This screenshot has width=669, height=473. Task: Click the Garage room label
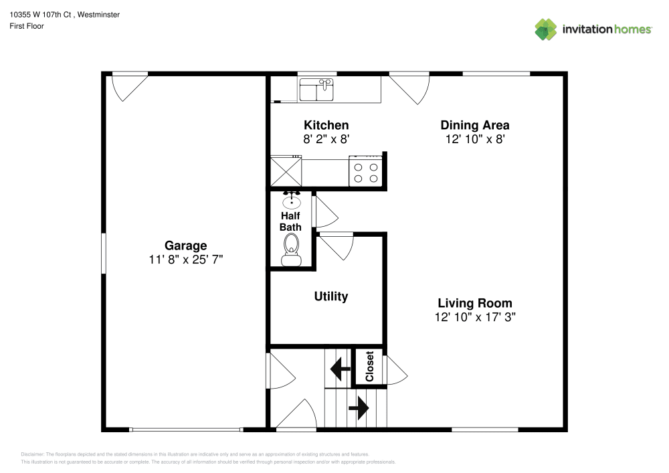185,246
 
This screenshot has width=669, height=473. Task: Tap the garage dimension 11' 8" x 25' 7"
185,260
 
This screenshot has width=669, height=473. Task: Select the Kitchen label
326,125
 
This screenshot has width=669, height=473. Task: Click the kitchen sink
316,90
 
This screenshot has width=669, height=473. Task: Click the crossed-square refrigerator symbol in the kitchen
286,172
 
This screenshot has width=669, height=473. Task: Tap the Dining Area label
474,125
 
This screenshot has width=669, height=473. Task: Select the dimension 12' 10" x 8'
474,139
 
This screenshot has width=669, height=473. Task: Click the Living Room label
474,303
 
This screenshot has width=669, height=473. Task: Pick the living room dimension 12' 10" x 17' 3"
474,317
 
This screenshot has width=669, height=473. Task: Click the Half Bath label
290,221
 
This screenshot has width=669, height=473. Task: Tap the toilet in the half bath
290,255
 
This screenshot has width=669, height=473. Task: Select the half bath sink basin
292,201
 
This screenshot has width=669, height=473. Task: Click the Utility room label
330,296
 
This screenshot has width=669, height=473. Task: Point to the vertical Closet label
369,367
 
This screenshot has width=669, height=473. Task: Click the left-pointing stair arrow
341,367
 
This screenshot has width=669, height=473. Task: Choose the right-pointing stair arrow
359,407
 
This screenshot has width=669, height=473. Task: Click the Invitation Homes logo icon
546,29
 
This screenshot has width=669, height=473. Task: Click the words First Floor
27,26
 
